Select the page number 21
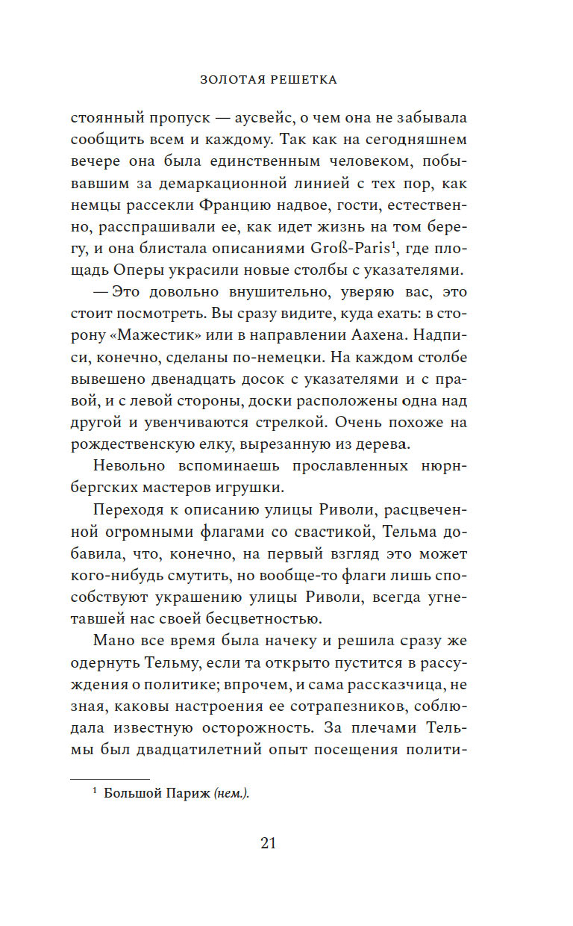[269, 843]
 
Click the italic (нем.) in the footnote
[231, 794]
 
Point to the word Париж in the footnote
[188, 794]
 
